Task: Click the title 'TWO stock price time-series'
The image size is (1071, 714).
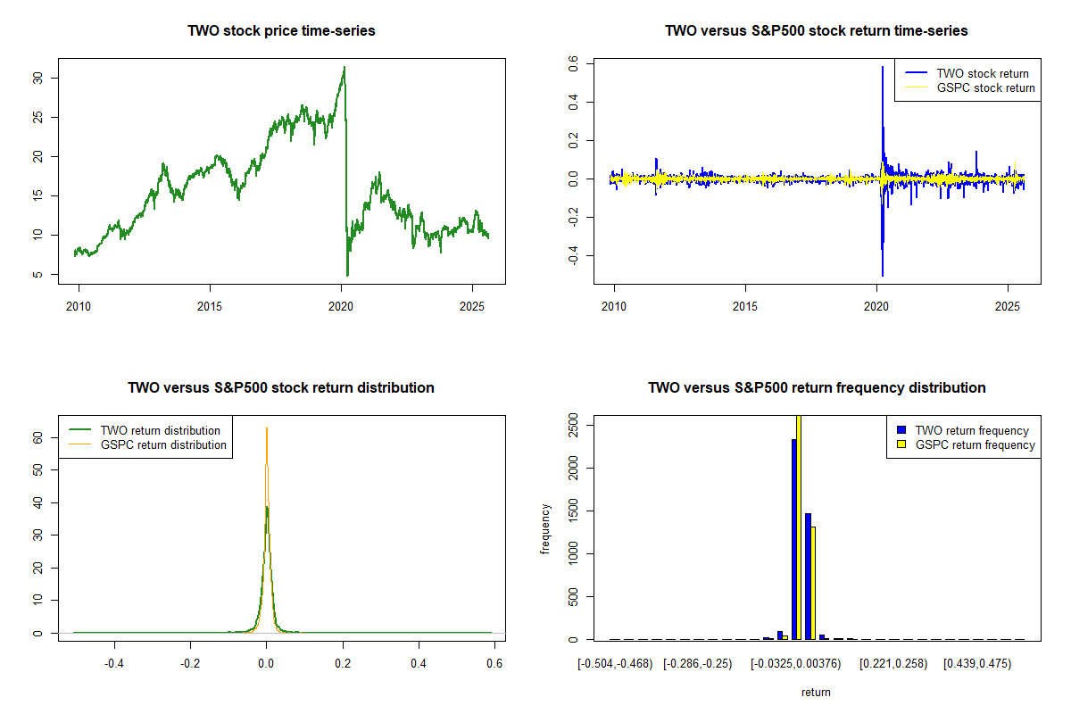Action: click(281, 31)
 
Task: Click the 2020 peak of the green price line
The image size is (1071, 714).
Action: click(345, 67)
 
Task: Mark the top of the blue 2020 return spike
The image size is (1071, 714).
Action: click(883, 67)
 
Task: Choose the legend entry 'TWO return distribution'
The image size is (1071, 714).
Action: click(162, 431)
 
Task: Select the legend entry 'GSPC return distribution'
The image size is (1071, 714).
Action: click(163, 445)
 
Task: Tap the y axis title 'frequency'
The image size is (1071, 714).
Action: click(545, 529)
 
